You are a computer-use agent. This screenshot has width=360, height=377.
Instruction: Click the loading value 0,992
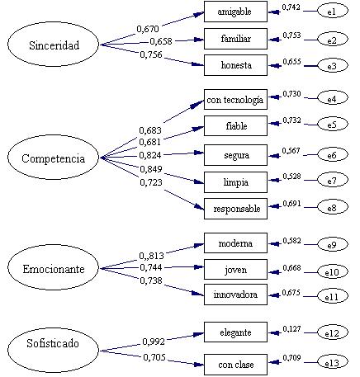pyautogui.click(x=154, y=342)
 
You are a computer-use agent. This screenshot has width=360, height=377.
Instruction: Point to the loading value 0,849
pyautogui.click(x=151, y=169)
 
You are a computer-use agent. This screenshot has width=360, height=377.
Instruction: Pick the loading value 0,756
pyautogui.click(x=151, y=54)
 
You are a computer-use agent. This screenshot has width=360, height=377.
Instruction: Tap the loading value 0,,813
pyautogui.click(x=151, y=256)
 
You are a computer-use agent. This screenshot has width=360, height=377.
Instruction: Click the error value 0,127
pyautogui.click(x=291, y=328)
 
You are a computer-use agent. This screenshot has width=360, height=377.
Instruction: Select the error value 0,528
pyautogui.click(x=291, y=176)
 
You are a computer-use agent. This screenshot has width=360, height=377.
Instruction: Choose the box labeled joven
pyautogui.click(x=235, y=270)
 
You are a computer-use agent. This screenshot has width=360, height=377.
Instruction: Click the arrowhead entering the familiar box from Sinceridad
pyautogui.click(x=199, y=40)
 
